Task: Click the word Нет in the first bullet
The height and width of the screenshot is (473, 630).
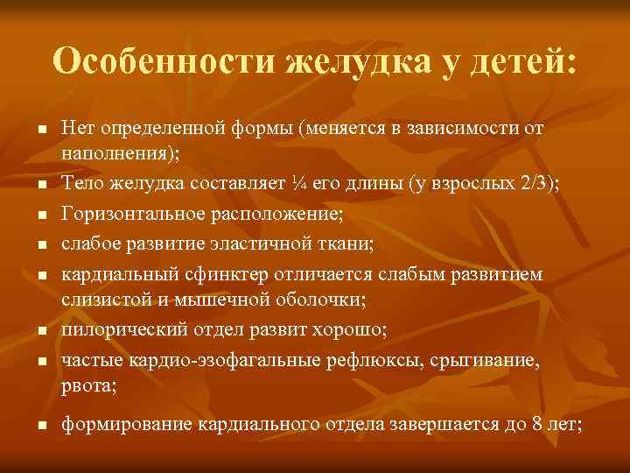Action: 77,128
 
